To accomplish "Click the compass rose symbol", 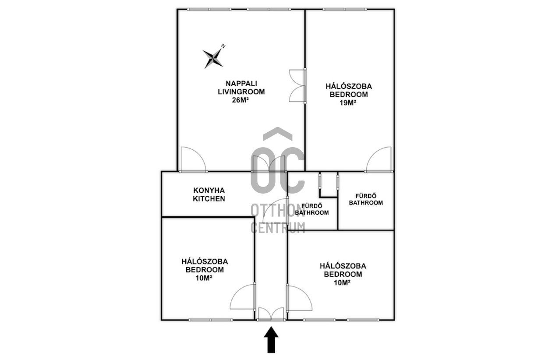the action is click(213, 59).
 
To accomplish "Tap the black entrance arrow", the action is click(271, 339).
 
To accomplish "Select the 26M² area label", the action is click(240, 100).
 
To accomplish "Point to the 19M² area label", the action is click(348, 103).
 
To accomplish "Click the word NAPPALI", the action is click(241, 83).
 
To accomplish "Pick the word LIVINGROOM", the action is click(241, 92).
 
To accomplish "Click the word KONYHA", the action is click(209, 191).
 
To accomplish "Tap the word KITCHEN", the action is click(209, 199).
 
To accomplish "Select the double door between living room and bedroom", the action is click(297, 85).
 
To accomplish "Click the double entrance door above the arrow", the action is click(271, 314).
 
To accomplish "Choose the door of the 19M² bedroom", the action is click(379, 159).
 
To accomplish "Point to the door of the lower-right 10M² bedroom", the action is click(299, 298).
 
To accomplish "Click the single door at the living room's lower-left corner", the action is click(193, 159).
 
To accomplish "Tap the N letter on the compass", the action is click(223, 46).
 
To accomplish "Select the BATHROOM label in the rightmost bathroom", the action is click(366, 203).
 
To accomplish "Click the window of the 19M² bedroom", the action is click(345, 10).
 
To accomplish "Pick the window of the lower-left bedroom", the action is click(211, 320).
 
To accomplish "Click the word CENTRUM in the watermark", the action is click(278, 228).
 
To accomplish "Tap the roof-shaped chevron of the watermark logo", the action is click(278, 133).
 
